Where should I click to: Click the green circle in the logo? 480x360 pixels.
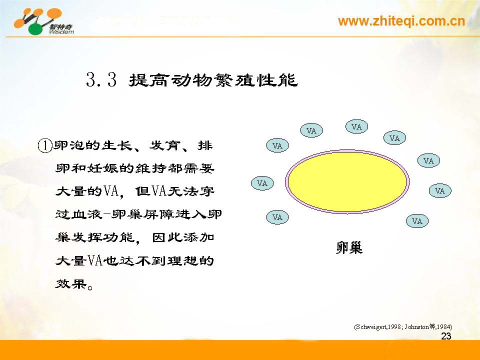pos(36,29)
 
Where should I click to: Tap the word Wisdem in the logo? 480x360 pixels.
pos(61,31)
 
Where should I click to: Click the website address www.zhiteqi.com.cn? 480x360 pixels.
pos(401,21)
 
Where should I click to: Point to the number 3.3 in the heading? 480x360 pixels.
pos(101,80)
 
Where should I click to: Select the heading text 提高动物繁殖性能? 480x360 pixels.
pos(213,80)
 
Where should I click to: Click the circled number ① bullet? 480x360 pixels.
pos(44,145)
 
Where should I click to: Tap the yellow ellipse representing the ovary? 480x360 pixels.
pos(347,181)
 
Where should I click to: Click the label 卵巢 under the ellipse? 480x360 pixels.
pos(349,247)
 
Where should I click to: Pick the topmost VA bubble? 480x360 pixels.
pos(356,126)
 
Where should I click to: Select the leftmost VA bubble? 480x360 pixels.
pos(262,183)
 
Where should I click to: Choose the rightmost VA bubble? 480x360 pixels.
pos(440,190)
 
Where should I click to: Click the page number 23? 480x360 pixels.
pos(446,336)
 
